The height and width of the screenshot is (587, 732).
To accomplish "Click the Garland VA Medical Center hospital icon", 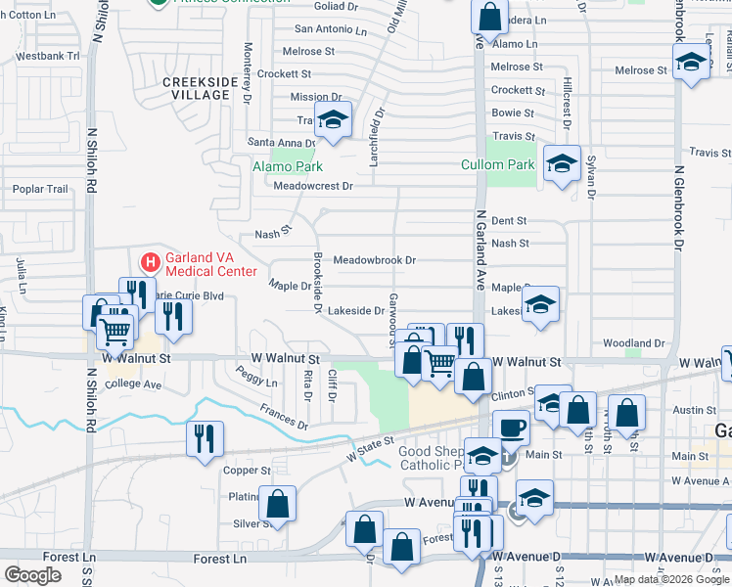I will coord(151,262).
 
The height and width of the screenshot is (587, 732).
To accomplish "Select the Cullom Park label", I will coord(498,164).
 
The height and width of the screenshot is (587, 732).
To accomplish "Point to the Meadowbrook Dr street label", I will coord(375,261).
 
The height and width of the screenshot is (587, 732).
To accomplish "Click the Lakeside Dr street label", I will coord(355,311).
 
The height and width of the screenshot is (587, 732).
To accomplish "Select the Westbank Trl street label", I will coord(47,56).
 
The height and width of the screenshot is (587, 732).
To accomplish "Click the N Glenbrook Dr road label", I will coord(676,205).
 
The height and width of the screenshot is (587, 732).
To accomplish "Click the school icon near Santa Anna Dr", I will coord(333,121).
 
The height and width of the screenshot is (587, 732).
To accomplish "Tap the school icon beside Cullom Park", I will coord(562,163).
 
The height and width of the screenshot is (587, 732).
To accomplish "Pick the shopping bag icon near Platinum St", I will coord(278,503).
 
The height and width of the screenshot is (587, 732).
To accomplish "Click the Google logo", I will coord(32,574).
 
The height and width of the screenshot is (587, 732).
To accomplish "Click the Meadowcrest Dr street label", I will coord(312,186).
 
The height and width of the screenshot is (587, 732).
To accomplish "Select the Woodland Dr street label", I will coord(634,343).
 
